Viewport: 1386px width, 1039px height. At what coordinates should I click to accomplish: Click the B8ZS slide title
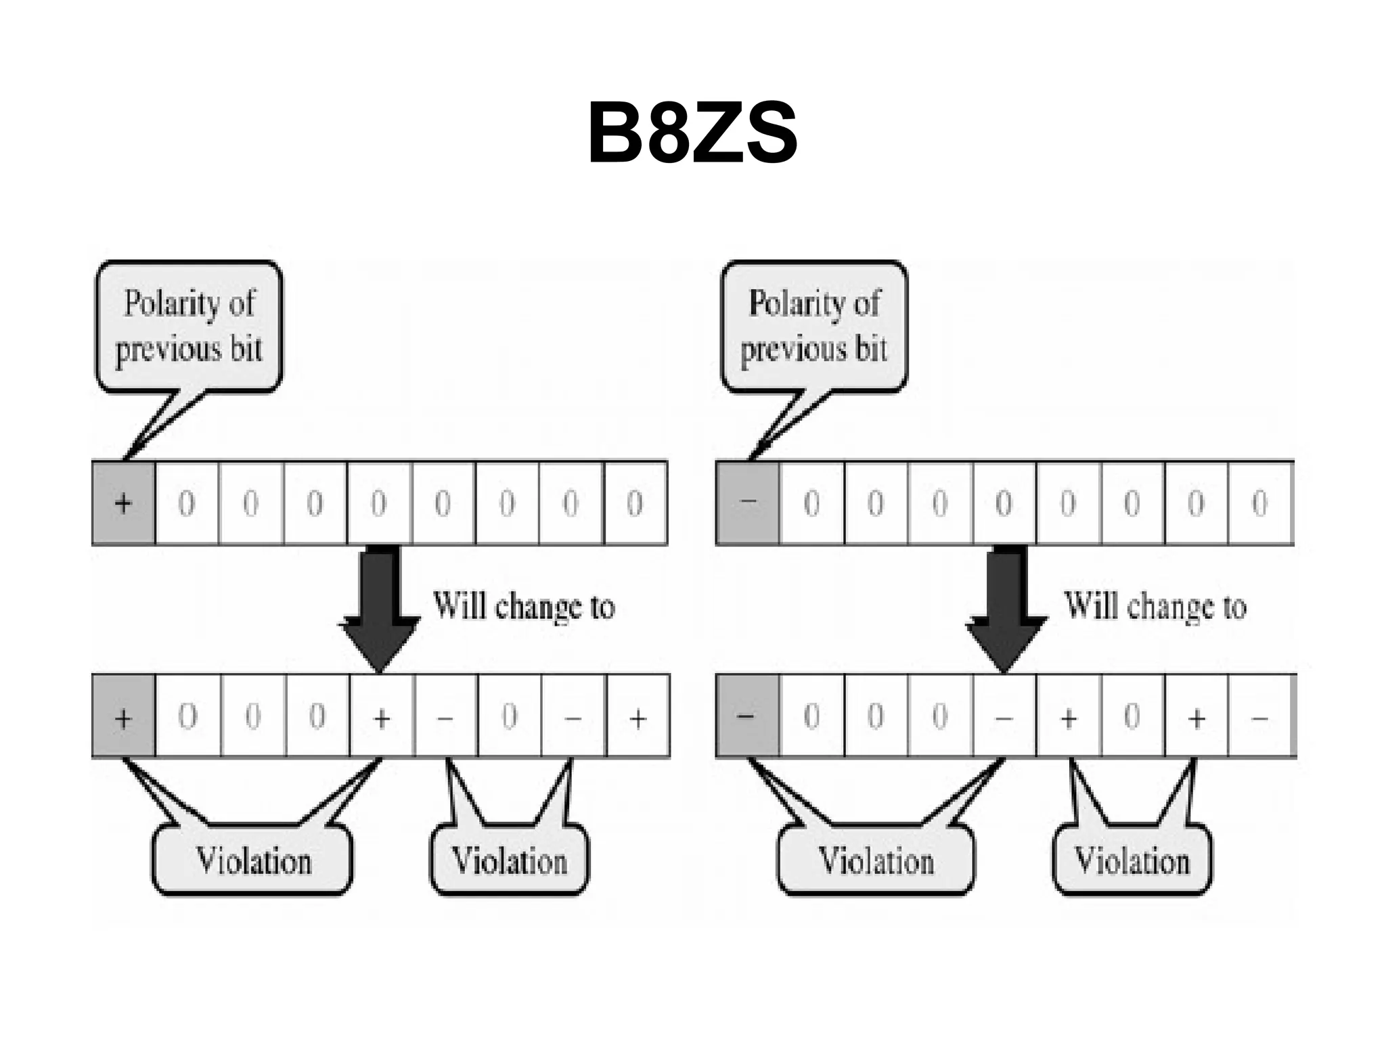point(692,133)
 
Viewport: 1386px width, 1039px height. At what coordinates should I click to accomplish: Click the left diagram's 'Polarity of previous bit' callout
point(189,327)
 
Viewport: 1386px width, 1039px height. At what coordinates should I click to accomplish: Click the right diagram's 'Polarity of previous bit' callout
point(813,327)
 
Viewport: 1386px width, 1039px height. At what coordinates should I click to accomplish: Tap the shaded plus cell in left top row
point(123,503)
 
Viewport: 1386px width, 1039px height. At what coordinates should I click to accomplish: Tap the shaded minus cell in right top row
point(748,503)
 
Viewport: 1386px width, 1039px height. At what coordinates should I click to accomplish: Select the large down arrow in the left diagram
point(380,605)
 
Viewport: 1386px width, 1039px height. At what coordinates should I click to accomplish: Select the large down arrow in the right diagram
point(1006,605)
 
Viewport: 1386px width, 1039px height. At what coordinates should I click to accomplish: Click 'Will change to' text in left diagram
point(524,606)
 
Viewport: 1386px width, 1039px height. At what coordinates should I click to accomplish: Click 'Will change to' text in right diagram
point(1155,606)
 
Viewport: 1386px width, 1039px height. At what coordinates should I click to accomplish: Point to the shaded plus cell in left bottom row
point(123,717)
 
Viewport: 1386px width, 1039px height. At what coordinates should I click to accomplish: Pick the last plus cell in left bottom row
point(638,717)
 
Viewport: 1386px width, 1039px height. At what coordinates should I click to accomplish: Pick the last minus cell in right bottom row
point(1259,717)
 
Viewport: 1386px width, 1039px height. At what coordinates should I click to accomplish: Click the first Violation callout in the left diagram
point(252,860)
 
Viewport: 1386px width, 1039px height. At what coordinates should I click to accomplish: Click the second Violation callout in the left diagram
point(509,860)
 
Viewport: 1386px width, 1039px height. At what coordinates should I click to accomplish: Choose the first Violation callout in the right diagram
point(876,860)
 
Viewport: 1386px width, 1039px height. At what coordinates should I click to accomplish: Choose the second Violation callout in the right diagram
point(1132,860)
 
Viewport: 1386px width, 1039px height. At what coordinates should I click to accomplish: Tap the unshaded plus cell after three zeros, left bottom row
point(381,717)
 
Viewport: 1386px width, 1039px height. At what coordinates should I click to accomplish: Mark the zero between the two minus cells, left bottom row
point(510,717)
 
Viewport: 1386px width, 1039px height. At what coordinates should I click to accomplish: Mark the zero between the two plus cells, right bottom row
point(1132,717)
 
